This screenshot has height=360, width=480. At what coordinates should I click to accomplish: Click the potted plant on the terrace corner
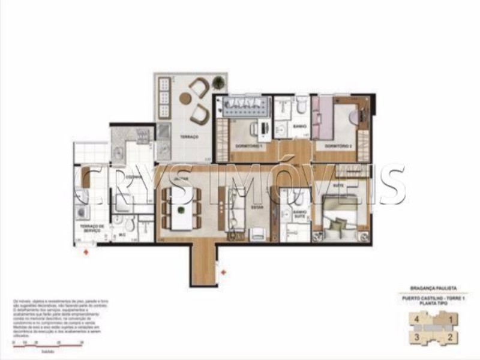click(x=218, y=82)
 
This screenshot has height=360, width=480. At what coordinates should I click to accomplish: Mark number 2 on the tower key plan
click(x=451, y=338)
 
